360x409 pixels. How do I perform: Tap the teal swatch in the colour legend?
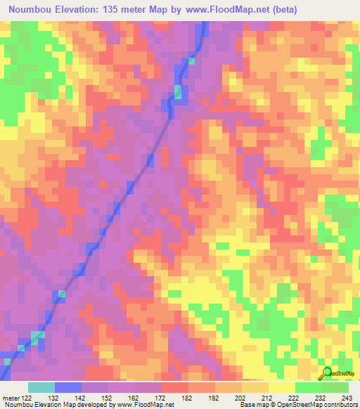41,387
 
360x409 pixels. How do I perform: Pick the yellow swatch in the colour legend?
281,387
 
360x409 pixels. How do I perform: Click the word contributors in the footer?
340,405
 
